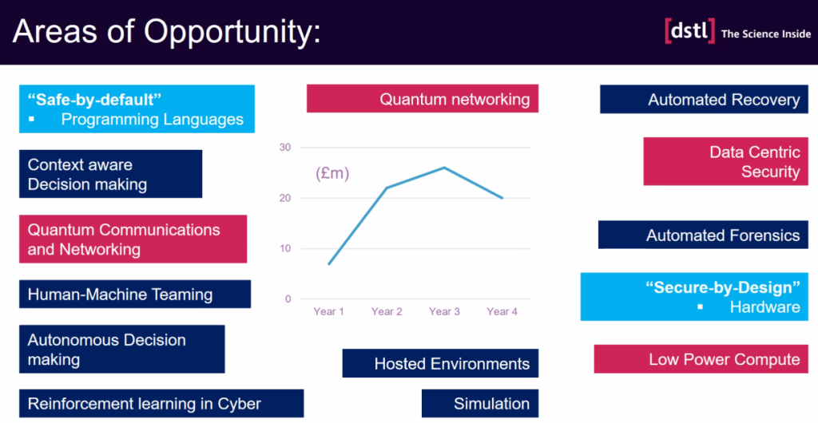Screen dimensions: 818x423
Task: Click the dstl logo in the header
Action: (689, 31)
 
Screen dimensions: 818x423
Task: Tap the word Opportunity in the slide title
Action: (232, 31)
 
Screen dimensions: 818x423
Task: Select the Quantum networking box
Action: (423, 98)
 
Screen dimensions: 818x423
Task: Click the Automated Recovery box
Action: (704, 100)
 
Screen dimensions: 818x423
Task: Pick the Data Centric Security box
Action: (725, 161)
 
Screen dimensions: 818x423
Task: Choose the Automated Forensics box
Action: (703, 235)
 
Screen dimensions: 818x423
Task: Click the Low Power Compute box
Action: (701, 359)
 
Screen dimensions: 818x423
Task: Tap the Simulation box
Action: (480, 403)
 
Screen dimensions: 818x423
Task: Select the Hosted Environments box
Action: (440, 363)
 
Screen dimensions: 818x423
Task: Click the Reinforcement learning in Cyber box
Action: (161, 403)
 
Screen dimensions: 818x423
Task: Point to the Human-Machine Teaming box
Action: (135, 295)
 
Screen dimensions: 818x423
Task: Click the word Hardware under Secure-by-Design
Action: (764, 306)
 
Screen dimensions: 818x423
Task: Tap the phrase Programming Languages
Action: (153, 119)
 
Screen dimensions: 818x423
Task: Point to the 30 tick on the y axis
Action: (285, 148)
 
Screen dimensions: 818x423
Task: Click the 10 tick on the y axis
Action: (285, 248)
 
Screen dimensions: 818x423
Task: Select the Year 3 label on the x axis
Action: (444, 311)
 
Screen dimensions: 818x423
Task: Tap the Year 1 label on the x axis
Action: (328, 311)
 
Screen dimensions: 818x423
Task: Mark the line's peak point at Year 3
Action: (444, 168)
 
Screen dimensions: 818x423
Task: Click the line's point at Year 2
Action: (387, 188)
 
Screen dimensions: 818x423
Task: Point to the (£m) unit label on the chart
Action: (332, 173)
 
